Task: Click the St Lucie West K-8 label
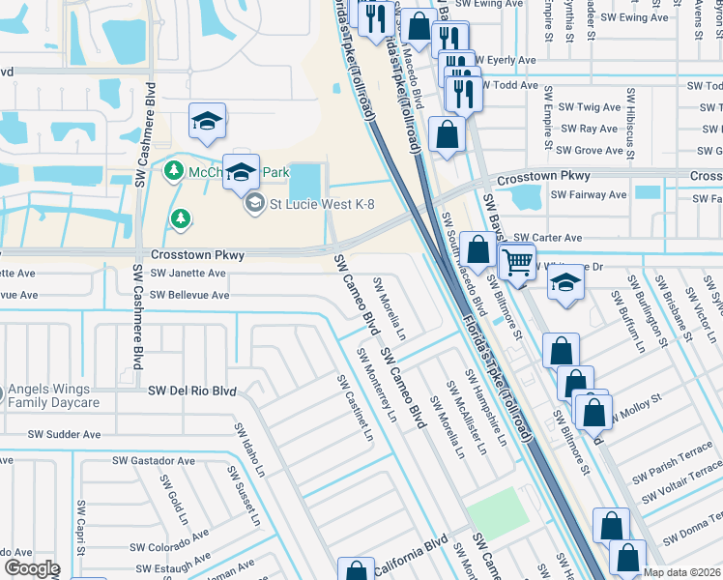tap(321, 203)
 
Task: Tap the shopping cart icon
tap(518, 260)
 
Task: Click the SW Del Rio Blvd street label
tap(191, 391)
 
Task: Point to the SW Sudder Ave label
tap(64, 435)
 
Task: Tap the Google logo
tap(31, 568)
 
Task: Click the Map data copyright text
tap(682, 572)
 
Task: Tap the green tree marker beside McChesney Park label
tap(173, 171)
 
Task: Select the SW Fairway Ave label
tap(588, 194)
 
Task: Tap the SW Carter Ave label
tap(547, 238)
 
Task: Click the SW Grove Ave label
tap(590, 151)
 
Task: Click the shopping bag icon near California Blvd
tap(356, 571)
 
